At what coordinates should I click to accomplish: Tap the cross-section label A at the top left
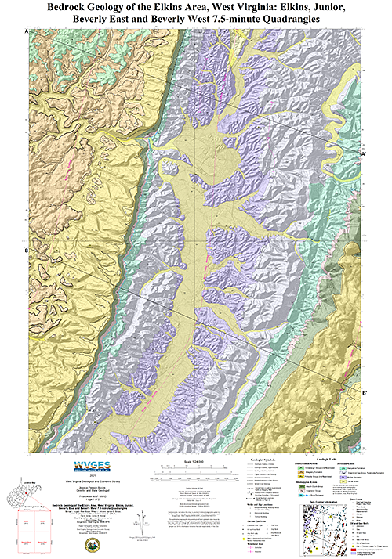27,30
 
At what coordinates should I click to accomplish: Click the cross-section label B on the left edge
27,250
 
